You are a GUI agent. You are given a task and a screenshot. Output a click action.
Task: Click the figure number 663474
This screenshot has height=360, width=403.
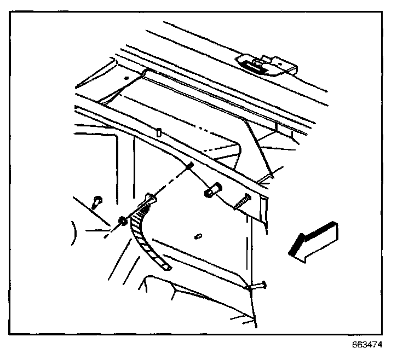click(x=367, y=345)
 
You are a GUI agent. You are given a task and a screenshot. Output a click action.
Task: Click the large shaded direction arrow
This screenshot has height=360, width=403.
click(x=314, y=242)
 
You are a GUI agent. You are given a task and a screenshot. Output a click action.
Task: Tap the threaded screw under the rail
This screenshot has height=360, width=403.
click(x=242, y=202)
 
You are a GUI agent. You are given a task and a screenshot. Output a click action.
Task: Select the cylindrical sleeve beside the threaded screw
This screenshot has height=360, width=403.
click(x=212, y=190)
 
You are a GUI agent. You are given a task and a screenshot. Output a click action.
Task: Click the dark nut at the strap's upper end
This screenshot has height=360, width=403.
click(x=122, y=221)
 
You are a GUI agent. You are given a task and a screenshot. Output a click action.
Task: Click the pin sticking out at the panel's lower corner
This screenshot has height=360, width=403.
click(x=258, y=286)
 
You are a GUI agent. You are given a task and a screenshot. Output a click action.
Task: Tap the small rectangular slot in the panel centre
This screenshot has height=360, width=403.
click(x=198, y=236)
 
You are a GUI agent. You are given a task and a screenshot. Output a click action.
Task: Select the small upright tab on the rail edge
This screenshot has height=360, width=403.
click(x=159, y=132)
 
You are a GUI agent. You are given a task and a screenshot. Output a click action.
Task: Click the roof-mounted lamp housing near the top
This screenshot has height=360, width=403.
click(x=267, y=66)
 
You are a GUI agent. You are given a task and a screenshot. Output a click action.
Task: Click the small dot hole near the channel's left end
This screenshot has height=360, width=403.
click(x=126, y=78)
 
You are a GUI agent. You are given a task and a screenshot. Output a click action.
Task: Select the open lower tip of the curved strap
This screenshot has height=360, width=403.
click(x=167, y=267)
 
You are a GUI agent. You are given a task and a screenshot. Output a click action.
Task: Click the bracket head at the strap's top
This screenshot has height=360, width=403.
click(x=151, y=198)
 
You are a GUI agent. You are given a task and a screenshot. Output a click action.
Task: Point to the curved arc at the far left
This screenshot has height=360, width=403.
click(x=75, y=233)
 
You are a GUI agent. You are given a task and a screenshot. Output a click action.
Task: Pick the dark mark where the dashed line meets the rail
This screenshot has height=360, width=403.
click(x=189, y=166)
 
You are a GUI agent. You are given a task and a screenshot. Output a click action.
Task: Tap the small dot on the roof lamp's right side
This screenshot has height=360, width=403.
click(x=281, y=63)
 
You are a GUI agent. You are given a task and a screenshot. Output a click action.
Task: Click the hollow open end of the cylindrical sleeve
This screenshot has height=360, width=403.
click(x=217, y=187)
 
